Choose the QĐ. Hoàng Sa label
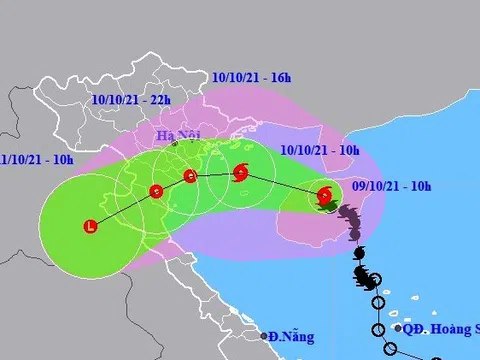pyautogui.click(x=441, y=327)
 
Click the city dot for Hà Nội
pyautogui.click(x=174, y=145)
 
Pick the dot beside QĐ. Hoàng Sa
pyautogui.click(x=397, y=327)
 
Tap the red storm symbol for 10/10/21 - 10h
pyautogui.click(x=240, y=174)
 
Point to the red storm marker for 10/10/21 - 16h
pyautogui.click(x=190, y=180)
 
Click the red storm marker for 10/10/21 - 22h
pyautogui.click(x=155, y=191)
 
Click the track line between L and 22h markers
pyautogui.click(x=124, y=208)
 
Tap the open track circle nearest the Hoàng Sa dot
pyautogui.click(x=377, y=329)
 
